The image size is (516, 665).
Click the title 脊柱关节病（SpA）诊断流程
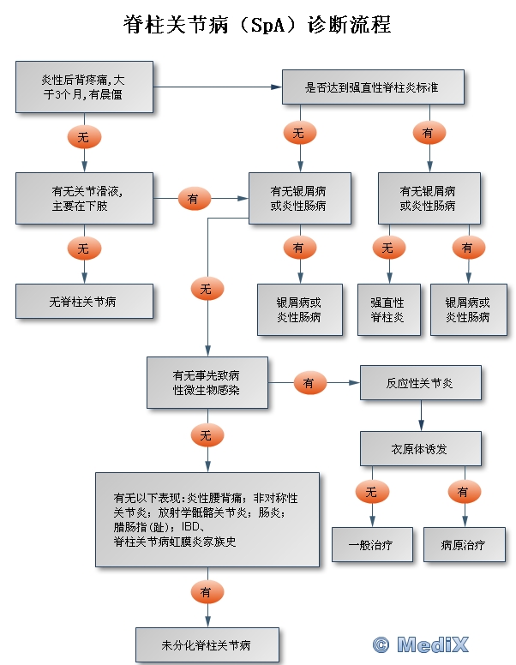click(257, 25)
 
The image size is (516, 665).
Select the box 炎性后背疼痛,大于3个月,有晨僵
click(84, 87)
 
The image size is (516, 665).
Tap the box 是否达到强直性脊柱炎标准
click(373, 87)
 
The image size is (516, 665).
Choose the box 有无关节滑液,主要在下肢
click(84, 198)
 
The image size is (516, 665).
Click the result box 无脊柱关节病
click(84, 302)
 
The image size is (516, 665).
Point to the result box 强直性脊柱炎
click(387, 309)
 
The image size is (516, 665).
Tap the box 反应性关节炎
click(420, 382)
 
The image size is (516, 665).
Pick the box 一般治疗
click(370, 544)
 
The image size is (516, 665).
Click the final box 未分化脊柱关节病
click(207, 644)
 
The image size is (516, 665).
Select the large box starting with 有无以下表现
click(207, 519)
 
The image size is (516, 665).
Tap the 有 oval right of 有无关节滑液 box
click(194, 199)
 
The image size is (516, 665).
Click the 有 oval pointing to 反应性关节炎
click(309, 383)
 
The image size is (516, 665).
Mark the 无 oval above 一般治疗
click(371, 493)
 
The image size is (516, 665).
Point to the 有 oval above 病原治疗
click(464, 493)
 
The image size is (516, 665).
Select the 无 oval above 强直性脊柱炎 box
click(387, 249)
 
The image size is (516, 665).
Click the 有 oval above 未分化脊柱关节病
click(207, 592)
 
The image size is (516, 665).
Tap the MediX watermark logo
click(422, 644)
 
